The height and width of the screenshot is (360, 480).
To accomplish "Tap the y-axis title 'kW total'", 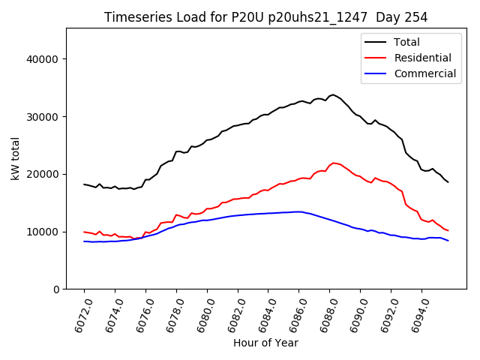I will (x=16, y=158).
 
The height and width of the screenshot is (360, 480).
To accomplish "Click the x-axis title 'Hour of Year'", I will (x=265, y=343).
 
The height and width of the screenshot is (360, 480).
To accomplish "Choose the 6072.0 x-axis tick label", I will (x=79, y=314).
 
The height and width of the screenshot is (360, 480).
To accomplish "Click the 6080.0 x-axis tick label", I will (x=202, y=314).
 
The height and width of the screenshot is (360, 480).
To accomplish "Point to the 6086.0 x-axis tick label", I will (x=293, y=314).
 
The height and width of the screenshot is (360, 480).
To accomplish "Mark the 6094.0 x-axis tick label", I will (x=416, y=314).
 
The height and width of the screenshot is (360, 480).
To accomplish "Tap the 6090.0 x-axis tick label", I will (x=355, y=314).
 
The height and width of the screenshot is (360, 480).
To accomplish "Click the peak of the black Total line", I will (x=332, y=94).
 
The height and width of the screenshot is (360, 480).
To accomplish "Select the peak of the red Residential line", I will (x=333, y=162).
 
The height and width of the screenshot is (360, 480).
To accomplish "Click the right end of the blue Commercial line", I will (x=448, y=240).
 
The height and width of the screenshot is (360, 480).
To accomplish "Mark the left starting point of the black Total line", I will (x=84, y=184).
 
